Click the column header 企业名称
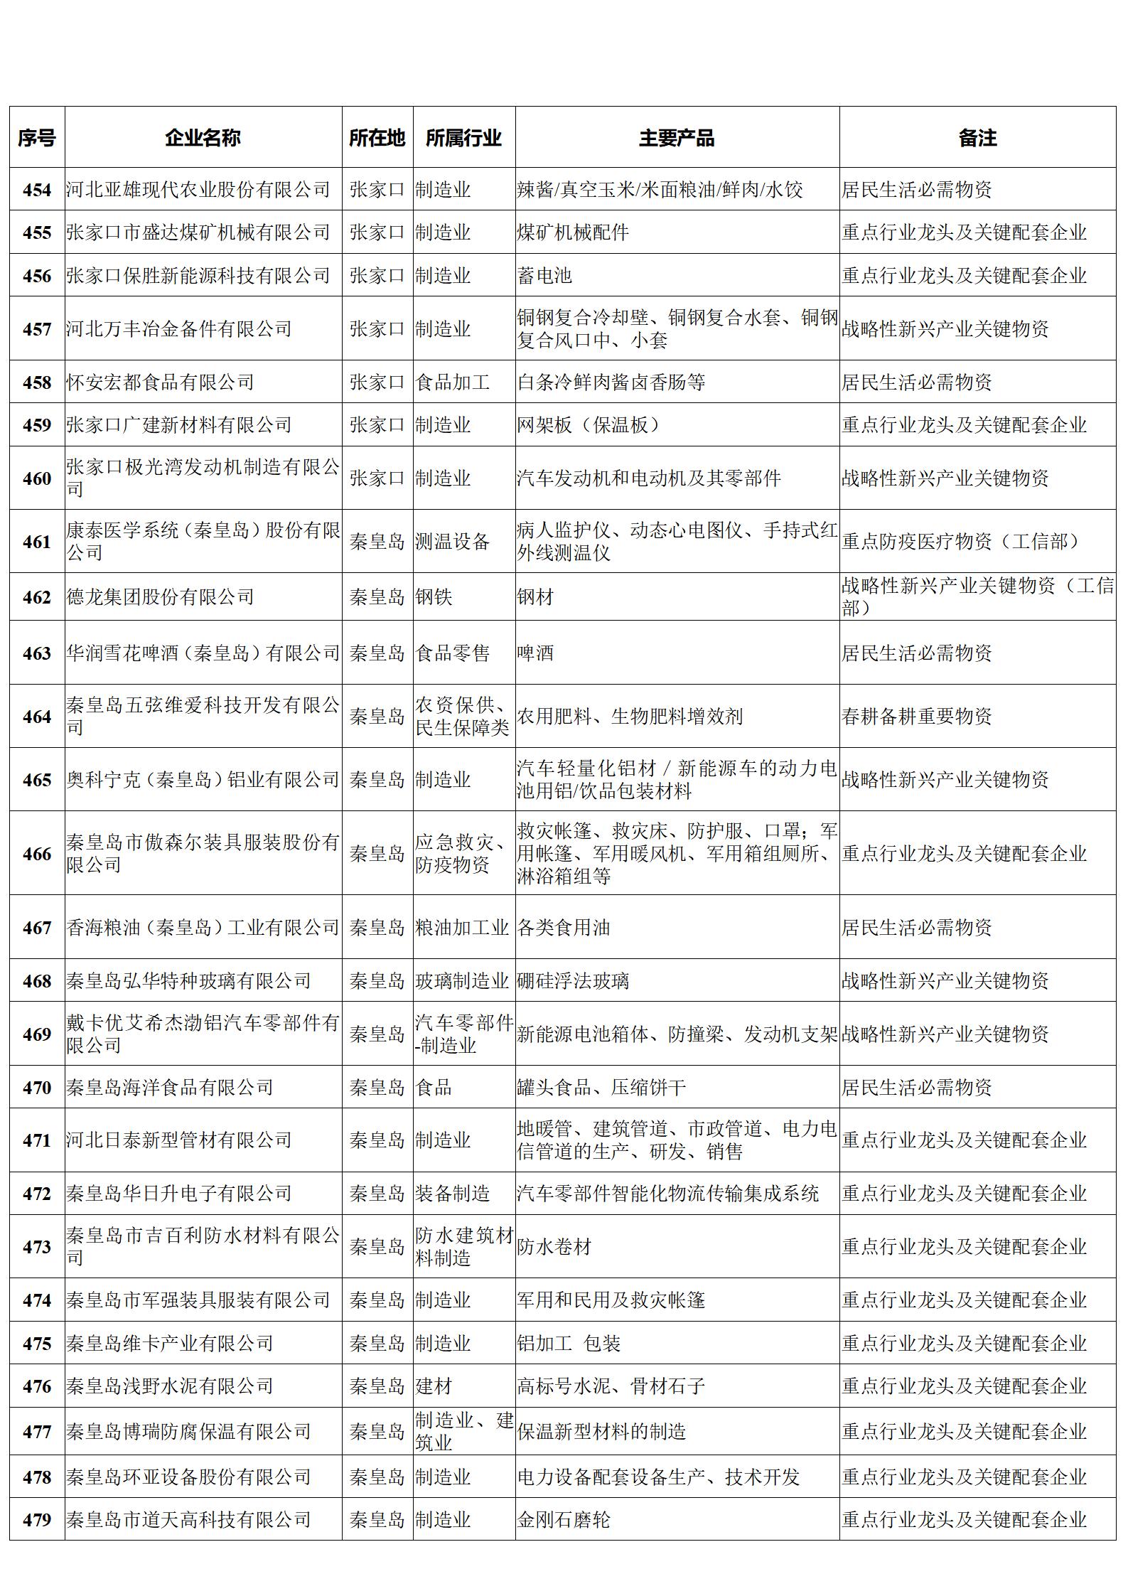tap(203, 138)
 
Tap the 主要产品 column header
tap(676, 138)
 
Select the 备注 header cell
tap(977, 138)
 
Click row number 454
tap(37, 190)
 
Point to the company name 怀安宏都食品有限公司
tap(161, 382)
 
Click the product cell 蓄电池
tap(545, 276)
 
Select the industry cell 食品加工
tap(453, 382)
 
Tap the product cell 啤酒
tap(535, 653)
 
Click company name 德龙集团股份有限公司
tap(161, 597)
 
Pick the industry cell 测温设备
tap(453, 542)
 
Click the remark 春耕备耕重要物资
tap(916, 716)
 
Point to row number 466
tap(37, 854)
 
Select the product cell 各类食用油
tap(564, 927)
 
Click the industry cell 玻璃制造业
tap(462, 981)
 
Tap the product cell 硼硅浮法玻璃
tap(573, 981)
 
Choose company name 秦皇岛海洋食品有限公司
tap(170, 1087)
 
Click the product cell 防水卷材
tap(554, 1246)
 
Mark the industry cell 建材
tap(434, 1386)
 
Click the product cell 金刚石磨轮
tap(564, 1519)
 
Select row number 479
tap(37, 1519)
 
